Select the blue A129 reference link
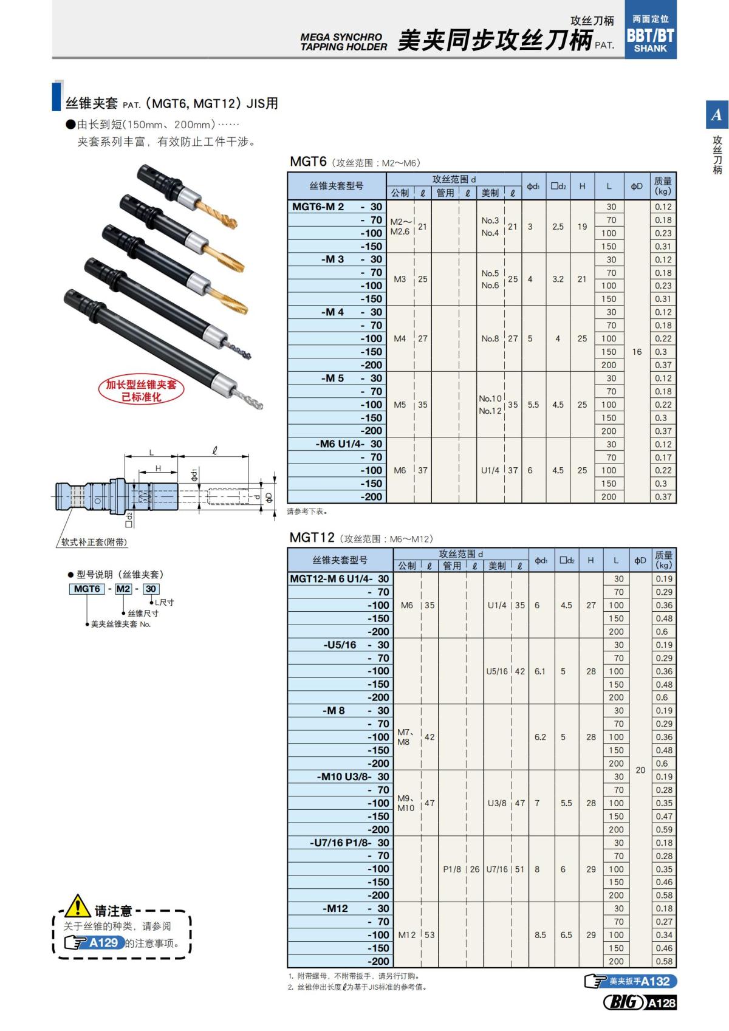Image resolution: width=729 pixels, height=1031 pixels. (103, 943)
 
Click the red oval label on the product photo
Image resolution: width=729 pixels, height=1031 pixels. (141, 390)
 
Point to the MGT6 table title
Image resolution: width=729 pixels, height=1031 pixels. (309, 162)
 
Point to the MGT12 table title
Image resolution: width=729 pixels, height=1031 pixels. (312, 538)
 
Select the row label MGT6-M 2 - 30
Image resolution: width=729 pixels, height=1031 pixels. (337, 207)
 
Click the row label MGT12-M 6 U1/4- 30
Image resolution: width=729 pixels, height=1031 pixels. (340, 578)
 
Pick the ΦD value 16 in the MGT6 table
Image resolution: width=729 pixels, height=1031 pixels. (637, 351)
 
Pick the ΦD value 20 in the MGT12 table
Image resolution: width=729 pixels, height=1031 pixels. (640, 770)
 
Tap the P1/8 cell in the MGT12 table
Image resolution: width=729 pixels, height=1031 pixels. (451, 869)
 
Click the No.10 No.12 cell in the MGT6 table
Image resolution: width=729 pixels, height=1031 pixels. (490, 405)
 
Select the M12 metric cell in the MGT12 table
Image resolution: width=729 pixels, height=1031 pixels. (406, 934)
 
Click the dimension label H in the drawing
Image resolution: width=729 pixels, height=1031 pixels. (158, 468)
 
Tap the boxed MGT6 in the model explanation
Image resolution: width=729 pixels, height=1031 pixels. (87, 589)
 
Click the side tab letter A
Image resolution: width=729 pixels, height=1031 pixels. (717, 114)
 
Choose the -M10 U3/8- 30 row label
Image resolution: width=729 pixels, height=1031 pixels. (353, 776)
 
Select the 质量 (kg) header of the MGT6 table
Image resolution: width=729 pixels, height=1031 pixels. (663, 185)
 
